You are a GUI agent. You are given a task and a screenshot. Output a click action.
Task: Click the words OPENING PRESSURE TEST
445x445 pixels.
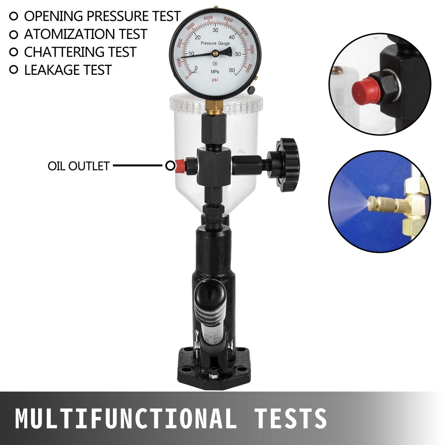102,16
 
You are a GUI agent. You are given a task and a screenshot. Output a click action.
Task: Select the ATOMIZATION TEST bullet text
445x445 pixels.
85,34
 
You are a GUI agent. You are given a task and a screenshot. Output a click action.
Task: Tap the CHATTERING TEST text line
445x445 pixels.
80,52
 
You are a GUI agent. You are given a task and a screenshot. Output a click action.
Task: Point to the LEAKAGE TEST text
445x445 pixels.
67,70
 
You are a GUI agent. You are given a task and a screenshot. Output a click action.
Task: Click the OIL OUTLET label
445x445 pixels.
78,166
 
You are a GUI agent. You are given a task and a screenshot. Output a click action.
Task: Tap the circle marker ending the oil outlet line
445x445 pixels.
170,166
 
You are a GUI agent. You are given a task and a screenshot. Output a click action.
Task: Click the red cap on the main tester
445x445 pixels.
180,166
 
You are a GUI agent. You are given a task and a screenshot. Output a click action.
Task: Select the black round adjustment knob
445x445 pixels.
287,165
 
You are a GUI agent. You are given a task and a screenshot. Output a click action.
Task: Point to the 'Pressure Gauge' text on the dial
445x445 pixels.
215,44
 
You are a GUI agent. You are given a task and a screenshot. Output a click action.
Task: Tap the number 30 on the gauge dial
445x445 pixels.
216,30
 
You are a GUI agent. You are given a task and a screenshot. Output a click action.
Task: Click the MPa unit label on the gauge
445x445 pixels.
215,72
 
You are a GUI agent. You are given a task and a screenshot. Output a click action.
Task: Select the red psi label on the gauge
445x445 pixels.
215,80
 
